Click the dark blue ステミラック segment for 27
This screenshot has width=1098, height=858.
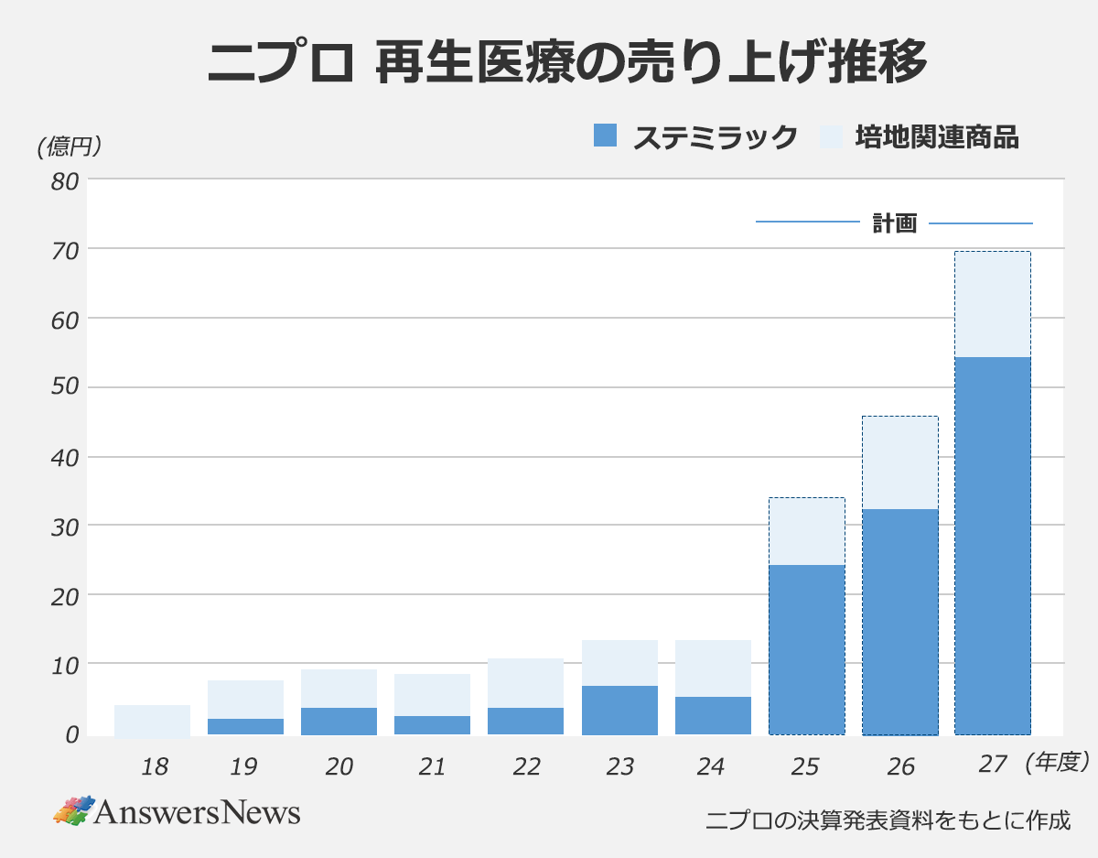[993, 545]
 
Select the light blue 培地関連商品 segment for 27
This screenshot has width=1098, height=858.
[993, 304]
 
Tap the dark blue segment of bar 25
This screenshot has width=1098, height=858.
[806, 649]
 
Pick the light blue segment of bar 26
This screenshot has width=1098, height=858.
[899, 462]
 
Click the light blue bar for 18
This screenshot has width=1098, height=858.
[152, 720]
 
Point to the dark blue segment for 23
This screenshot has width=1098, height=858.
[619, 710]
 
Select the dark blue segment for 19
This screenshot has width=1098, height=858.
[245, 726]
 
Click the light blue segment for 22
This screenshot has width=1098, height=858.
[525, 682]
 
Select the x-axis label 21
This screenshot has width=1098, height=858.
[432, 766]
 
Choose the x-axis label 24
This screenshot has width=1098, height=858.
[712, 766]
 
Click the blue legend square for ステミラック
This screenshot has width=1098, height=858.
[606, 136]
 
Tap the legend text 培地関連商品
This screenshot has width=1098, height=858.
[937, 137]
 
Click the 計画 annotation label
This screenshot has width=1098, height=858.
[894, 223]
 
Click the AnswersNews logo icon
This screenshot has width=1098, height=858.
[73, 809]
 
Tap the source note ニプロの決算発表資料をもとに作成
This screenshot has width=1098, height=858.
[888, 820]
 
